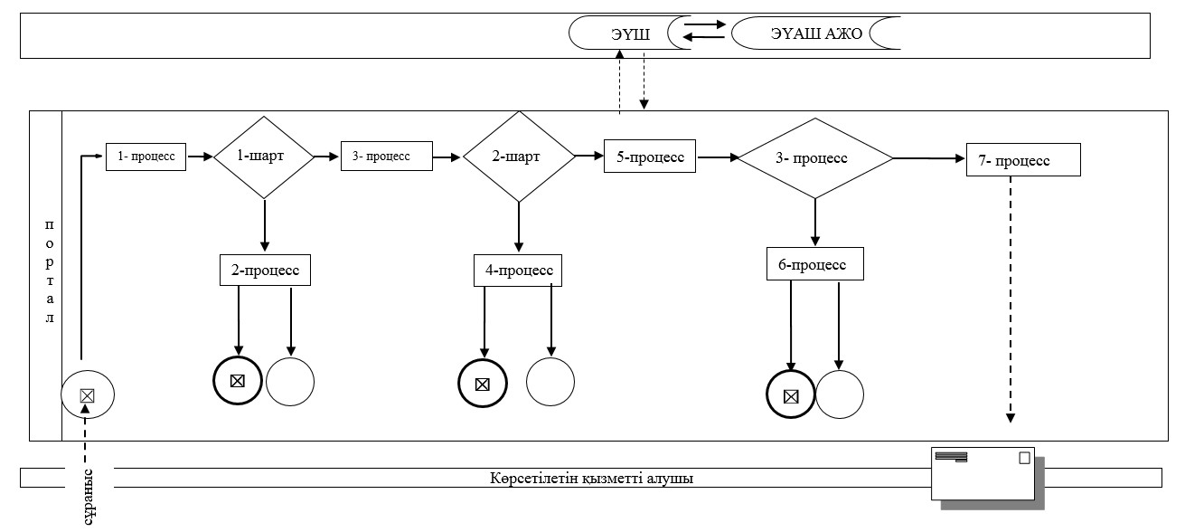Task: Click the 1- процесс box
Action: (146, 157)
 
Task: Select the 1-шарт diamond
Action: (264, 157)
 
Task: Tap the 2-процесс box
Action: (265, 270)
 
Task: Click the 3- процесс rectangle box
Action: (387, 157)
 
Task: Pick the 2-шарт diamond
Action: (519, 157)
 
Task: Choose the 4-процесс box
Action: (518, 271)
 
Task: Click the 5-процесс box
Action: (650, 157)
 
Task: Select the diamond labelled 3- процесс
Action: (815, 157)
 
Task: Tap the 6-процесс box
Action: (815, 263)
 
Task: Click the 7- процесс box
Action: (1023, 159)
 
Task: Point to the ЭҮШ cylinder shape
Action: (629, 33)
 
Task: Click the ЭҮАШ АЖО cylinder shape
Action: (816, 33)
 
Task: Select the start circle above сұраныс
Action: (88, 394)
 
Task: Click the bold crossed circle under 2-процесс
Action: (238, 381)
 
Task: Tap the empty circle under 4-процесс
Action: (550, 382)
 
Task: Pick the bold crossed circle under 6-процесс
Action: (791, 394)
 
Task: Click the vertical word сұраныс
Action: (89, 498)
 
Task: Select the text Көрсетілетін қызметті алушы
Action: (591, 478)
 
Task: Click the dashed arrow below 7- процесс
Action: (1011, 299)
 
